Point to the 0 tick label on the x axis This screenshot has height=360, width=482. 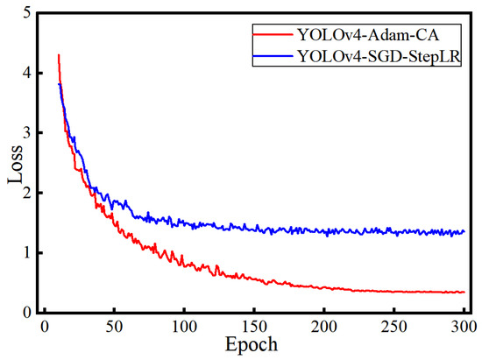(44, 327)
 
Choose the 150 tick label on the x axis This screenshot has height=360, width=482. (254, 327)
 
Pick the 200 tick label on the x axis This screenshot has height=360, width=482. (324, 327)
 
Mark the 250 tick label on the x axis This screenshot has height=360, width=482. (394, 327)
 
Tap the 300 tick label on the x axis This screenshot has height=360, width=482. (463, 327)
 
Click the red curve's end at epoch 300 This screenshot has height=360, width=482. (464, 292)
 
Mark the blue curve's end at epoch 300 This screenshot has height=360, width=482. (464, 232)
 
